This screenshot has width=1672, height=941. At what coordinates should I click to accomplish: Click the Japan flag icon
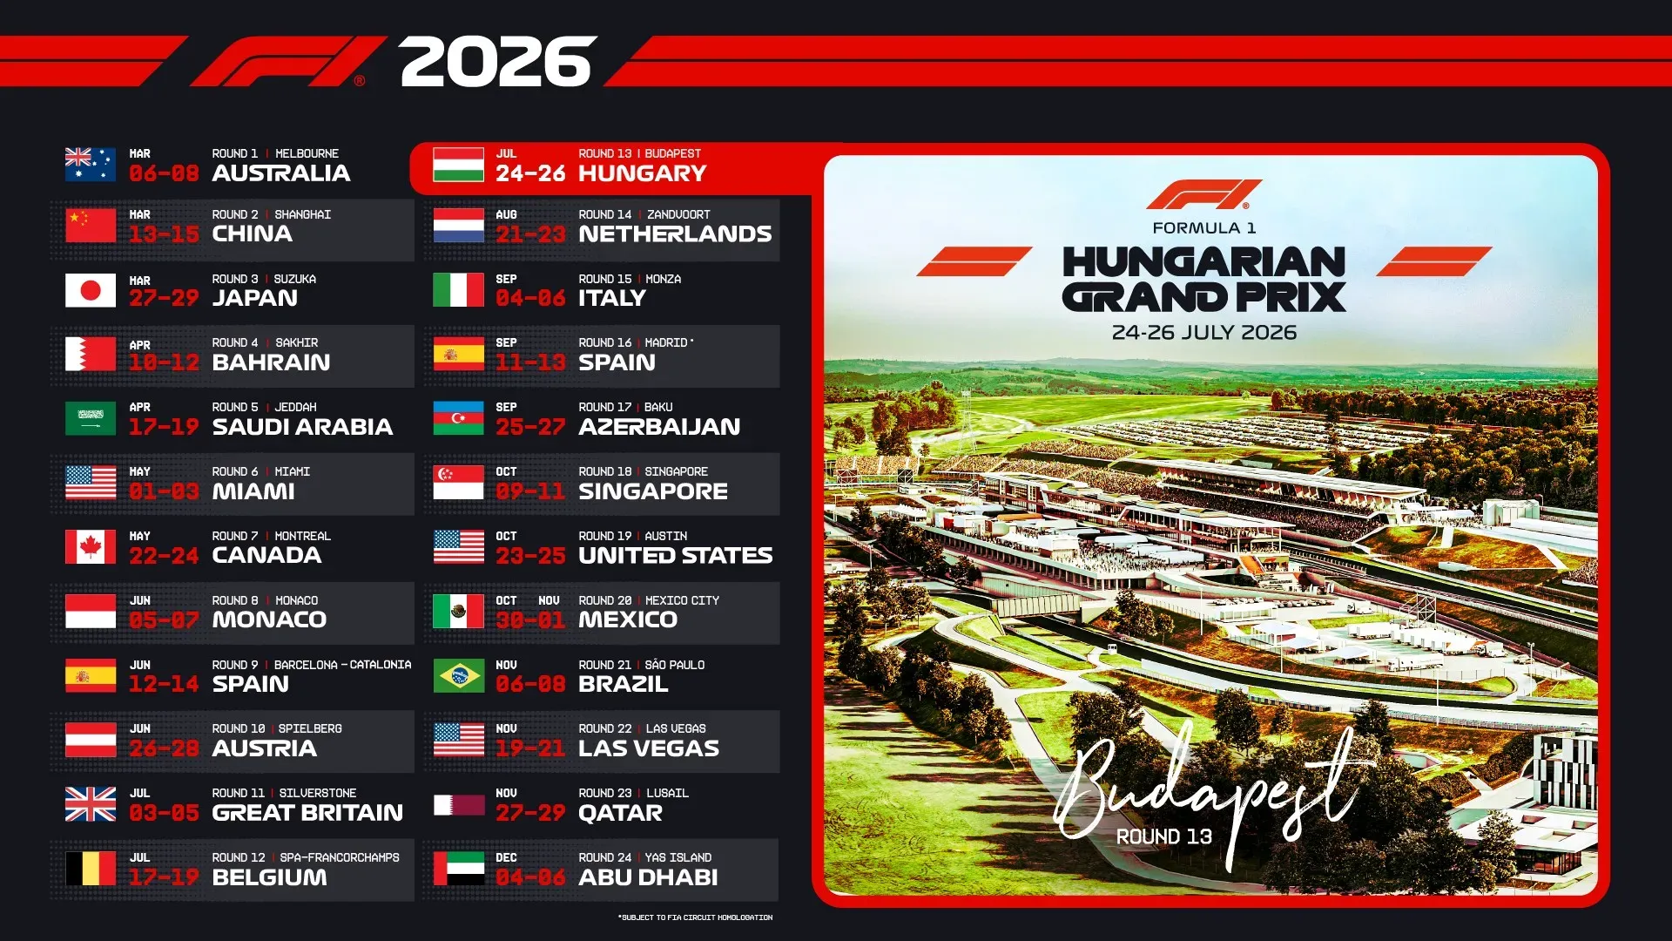pos(91,290)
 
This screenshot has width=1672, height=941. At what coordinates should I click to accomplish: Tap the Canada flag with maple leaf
pos(91,547)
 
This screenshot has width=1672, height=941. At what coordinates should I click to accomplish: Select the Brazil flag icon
pos(458,676)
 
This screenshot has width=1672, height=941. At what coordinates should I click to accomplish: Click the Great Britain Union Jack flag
pos(91,804)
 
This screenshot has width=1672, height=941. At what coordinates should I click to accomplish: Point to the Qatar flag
pos(458,804)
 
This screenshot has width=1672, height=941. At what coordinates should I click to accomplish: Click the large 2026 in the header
pos(497,62)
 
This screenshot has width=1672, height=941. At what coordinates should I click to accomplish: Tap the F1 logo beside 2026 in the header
pos(287,62)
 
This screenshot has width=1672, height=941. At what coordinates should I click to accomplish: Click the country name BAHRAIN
pos(271,362)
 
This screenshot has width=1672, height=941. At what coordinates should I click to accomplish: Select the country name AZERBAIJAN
pos(659,427)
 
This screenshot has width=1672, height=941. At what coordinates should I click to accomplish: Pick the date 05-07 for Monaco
pos(164,620)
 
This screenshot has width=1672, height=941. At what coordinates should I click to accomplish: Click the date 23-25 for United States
pos(530,556)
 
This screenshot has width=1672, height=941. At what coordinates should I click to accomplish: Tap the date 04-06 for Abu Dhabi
pos(530,877)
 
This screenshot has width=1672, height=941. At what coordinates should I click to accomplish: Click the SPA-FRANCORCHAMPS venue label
pos(340,857)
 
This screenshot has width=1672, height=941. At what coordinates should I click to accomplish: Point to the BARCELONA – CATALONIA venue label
pos(342,665)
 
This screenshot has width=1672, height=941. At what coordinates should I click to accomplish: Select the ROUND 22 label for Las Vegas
pos(605,728)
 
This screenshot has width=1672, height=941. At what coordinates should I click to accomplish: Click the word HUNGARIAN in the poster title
pos(1203,262)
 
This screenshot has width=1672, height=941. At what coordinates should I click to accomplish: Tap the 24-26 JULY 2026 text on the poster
pos(1203,333)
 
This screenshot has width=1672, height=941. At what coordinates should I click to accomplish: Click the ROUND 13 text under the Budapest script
pos(1163,837)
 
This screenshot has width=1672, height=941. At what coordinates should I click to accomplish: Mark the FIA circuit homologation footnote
pos(695,917)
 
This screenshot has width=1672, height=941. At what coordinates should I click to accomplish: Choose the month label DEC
pos(506,857)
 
